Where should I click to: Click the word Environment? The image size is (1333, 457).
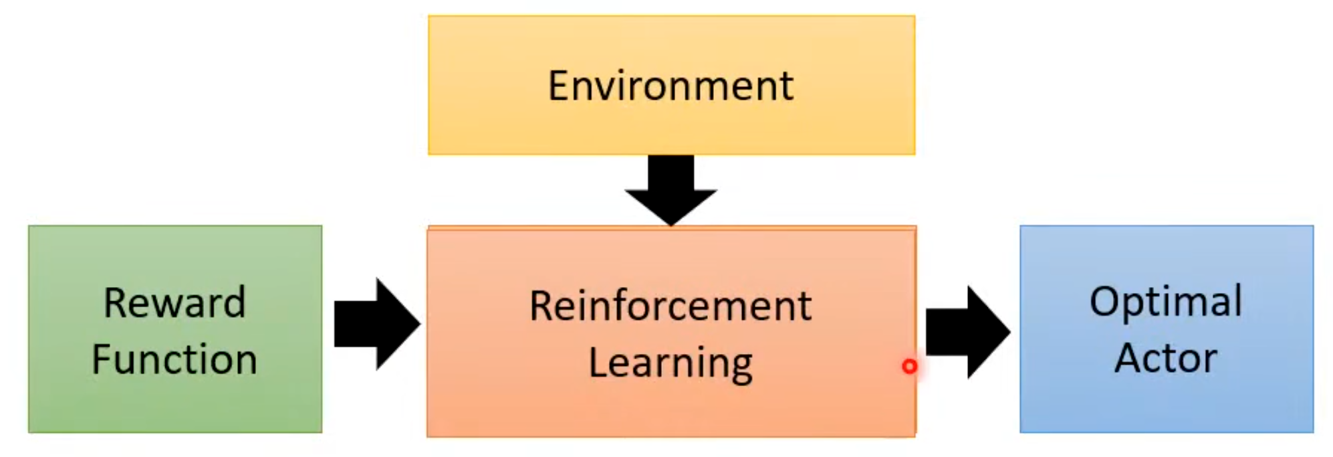point(671,86)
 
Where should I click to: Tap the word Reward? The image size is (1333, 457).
point(174,302)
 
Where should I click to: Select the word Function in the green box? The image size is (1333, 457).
point(174,359)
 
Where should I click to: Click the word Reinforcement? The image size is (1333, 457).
point(671,306)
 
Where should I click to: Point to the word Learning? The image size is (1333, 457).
point(671,363)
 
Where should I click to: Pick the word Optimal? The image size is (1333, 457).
point(1166,302)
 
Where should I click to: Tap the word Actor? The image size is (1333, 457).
point(1166,358)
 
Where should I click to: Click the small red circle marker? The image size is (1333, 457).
point(909,366)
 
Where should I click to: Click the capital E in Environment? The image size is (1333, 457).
point(559,86)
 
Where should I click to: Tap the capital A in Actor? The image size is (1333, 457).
point(1128,358)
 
